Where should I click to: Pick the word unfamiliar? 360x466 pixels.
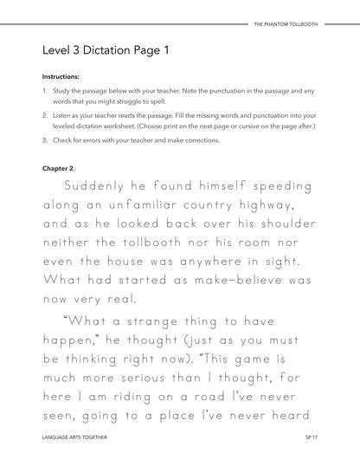[x=153, y=203]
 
